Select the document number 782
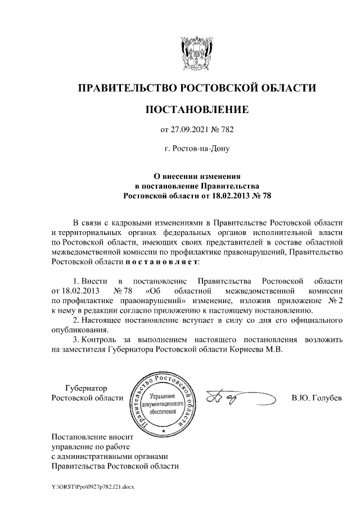click(226, 130)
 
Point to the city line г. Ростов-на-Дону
click(196, 150)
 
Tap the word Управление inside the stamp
click(163, 397)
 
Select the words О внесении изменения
click(197, 176)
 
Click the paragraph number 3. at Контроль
click(77, 340)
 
